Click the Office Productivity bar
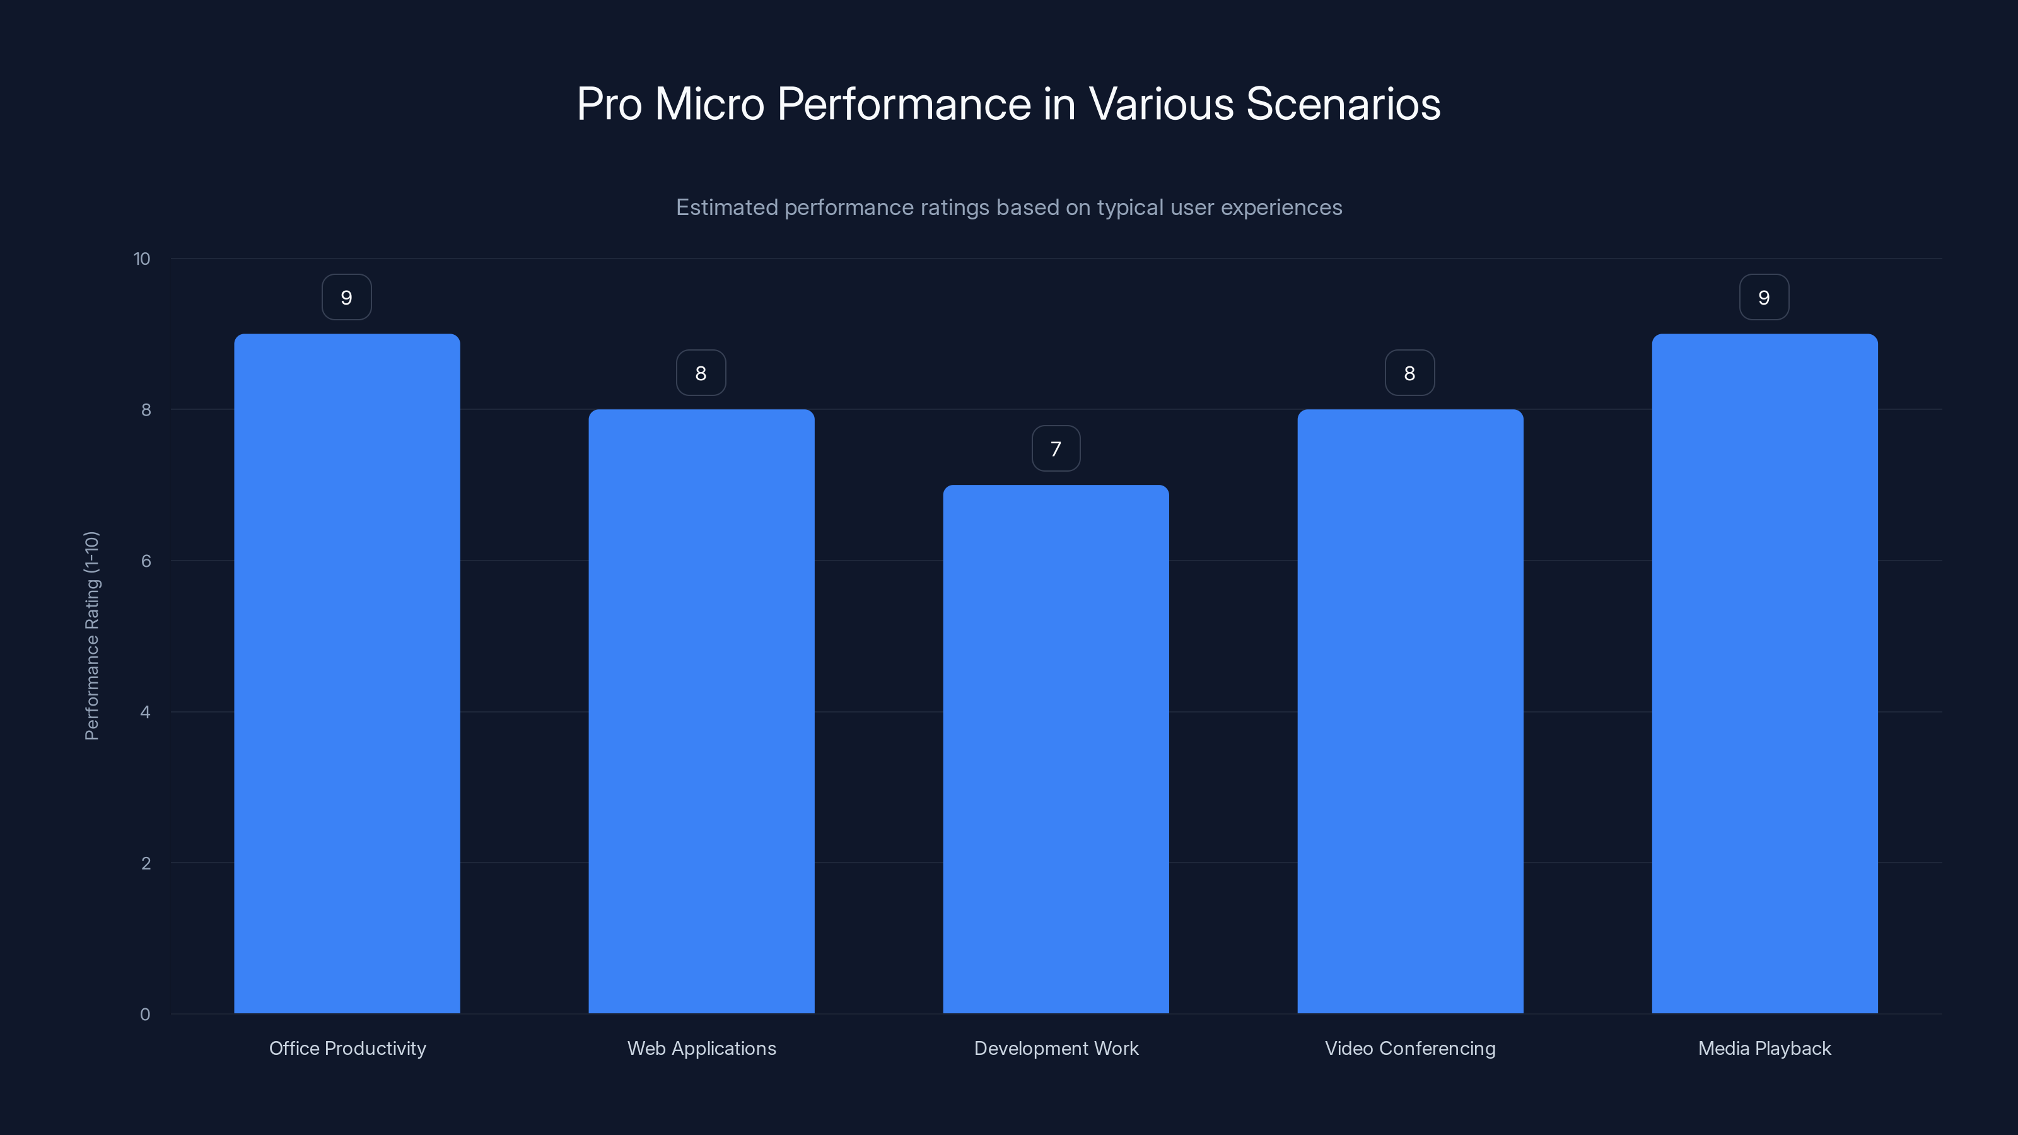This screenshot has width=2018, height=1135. point(347,673)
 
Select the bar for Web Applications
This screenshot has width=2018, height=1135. point(701,711)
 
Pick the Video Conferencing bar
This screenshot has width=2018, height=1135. point(1410,711)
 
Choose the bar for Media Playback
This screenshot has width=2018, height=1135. point(1764,673)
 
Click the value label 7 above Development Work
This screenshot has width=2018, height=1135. point(1056,449)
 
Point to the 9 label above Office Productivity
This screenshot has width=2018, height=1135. point(346,298)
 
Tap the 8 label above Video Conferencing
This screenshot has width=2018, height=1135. point(1409,373)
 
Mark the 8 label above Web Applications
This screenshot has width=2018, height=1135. point(701,373)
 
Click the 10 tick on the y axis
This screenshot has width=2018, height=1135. point(142,259)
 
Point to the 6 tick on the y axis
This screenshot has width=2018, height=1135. point(146,561)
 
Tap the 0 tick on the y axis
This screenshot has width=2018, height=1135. point(145,1015)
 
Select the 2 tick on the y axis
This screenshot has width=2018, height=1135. point(146,863)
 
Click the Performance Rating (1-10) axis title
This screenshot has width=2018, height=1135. point(91,635)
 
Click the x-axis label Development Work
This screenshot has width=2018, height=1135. point(1056,1048)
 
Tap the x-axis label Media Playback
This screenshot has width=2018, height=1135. point(1764,1048)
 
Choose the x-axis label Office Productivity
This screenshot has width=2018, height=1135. point(347,1048)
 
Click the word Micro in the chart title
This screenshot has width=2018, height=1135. point(709,104)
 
